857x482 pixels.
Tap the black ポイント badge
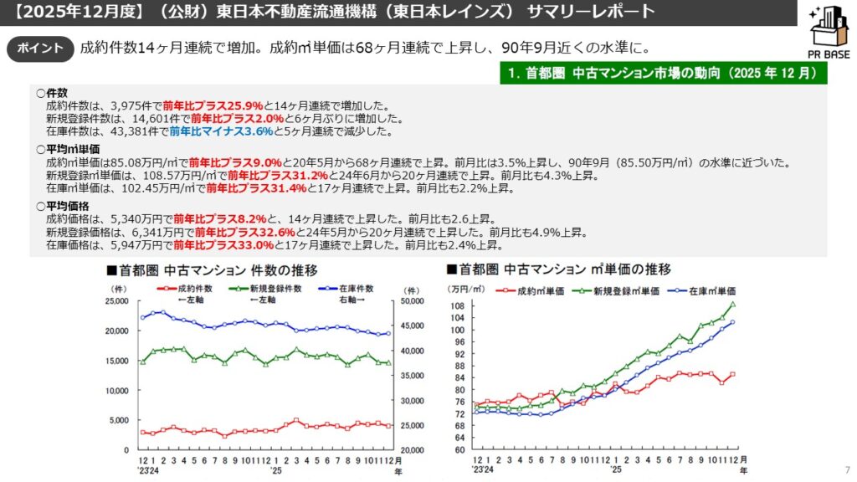(x=41, y=49)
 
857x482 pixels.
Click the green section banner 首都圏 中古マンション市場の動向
(x=661, y=73)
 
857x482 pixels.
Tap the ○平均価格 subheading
(x=61, y=206)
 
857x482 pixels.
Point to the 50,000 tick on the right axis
(x=413, y=301)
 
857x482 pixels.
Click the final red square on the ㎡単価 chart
(x=732, y=375)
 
